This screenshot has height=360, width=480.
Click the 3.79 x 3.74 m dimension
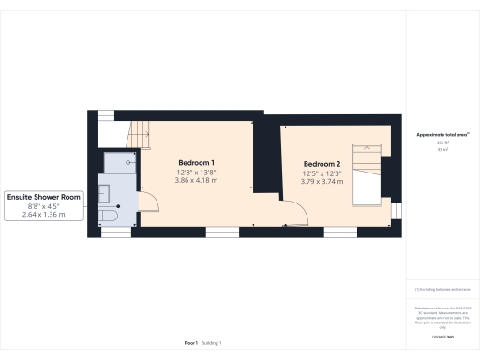(x=322, y=180)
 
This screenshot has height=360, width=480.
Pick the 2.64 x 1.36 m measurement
(x=46, y=215)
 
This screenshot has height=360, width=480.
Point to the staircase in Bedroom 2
(x=364, y=173)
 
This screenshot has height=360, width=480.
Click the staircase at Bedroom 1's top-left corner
(x=138, y=134)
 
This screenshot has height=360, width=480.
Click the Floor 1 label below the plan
(x=191, y=344)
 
